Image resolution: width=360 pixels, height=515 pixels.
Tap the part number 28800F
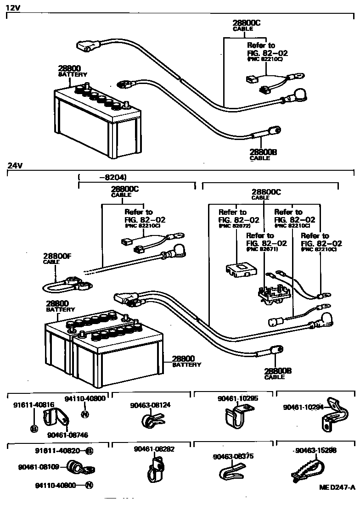pyautogui.click(x=57, y=256)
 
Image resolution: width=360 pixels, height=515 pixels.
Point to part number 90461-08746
pyautogui.click(x=67, y=435)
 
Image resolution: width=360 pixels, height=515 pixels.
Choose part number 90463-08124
pyautogui.click(x=150, y=405)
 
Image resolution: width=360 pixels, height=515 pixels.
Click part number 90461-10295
pyautogui.click(x=237, y=398)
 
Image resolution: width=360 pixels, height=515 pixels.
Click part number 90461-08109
pyautogui.click(x=39, y=467)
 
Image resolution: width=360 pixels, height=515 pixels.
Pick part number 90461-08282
pyautogui.click(x=154, y=449)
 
